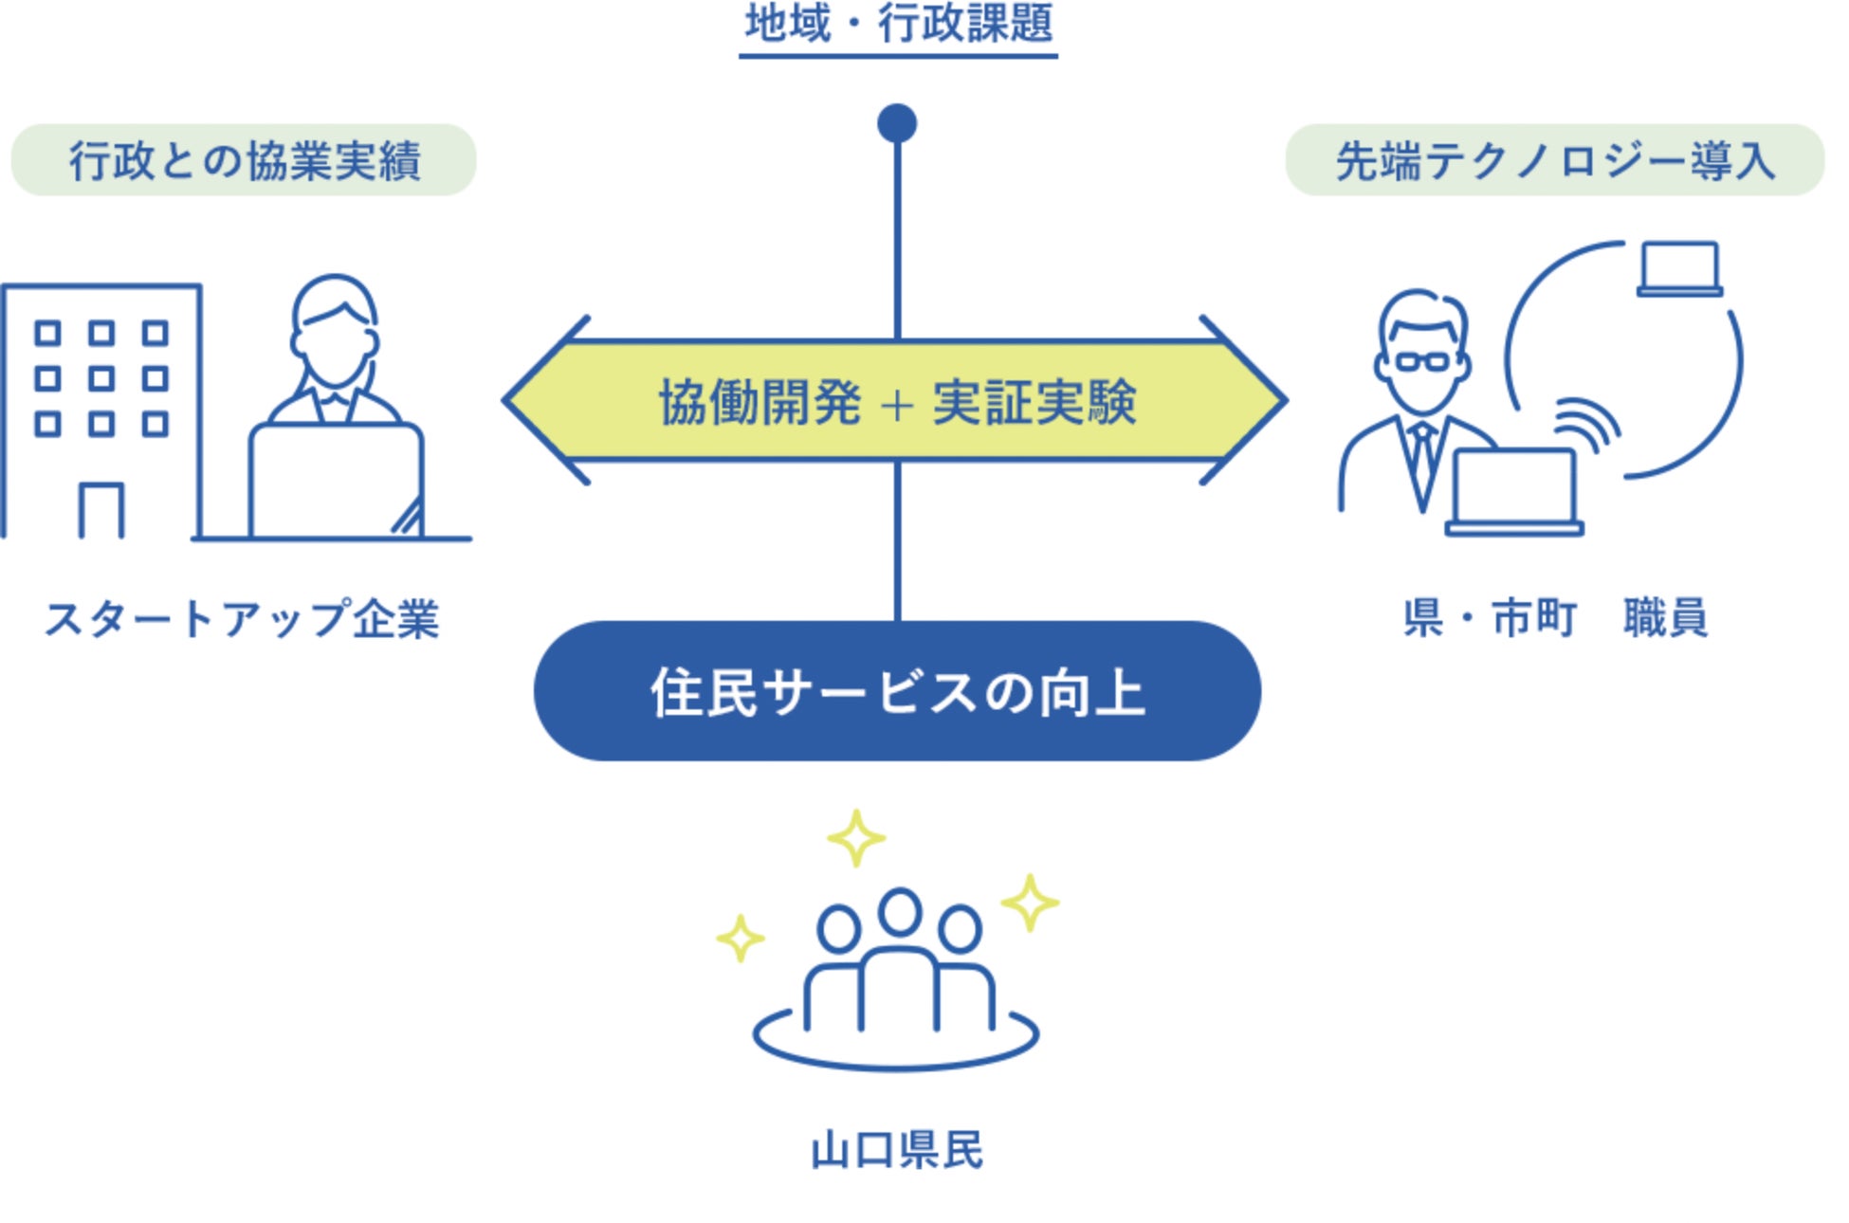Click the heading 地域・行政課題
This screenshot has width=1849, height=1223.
click(898, 25)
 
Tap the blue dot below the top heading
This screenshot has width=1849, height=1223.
click(897, 123)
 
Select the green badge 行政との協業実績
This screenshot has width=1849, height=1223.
click(244, 160)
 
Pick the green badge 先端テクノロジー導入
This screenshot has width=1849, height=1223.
click(1554, 160)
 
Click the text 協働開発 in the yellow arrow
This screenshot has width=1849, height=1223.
click(760, 402)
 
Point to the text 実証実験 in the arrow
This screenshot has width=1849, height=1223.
click(1034, 402)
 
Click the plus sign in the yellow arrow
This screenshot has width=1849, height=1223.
click(896, 405)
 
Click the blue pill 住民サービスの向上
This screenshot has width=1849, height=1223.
click(897, 691)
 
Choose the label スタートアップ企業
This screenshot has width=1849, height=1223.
click(242, 620)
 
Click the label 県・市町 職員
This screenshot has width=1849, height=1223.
click(1555, 618)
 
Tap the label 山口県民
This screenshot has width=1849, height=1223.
click(897, 1150)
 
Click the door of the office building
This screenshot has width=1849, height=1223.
click(101, 511)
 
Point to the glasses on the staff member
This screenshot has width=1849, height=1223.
click(1422, 361)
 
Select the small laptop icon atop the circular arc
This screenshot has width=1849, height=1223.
click(1679, 268)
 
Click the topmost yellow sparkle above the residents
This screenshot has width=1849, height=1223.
click(856, 838)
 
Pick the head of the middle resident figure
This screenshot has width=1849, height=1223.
click(899, 912)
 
